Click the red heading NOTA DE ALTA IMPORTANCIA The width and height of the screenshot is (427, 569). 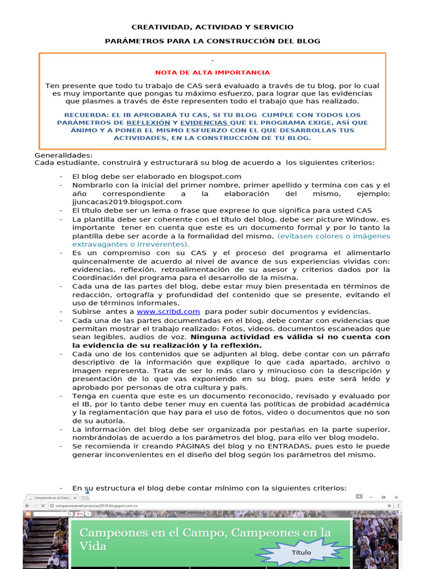pos(212,72)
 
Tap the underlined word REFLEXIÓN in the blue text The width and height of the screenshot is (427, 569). pos(148,122)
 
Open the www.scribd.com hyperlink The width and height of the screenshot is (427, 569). pos(168,312)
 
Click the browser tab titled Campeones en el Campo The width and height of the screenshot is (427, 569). pos(52,498)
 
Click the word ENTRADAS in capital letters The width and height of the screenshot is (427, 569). pos(272,446)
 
